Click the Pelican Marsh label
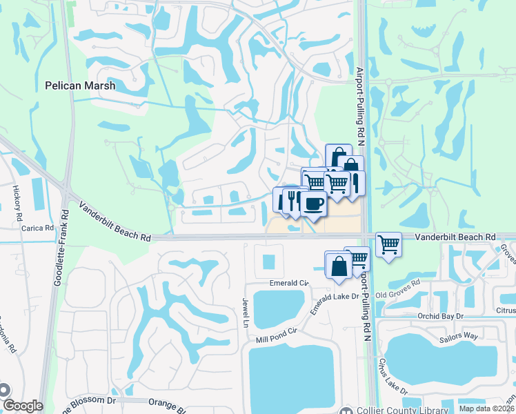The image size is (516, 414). [x=79, y=86]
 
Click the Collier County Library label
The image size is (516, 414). [x=403, y=410]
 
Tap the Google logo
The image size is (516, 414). [x=22, y=406]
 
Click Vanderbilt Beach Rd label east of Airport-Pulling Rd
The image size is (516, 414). [x=455, y=237]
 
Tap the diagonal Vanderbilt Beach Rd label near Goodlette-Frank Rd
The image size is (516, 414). [x=115, y=221]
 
